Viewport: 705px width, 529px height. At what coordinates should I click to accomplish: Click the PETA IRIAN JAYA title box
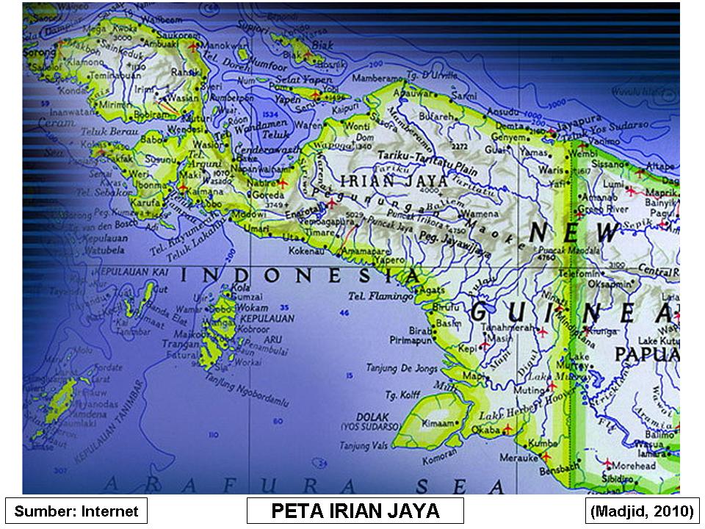pos(355,511)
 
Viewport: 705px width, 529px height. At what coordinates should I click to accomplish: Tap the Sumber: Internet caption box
pos(76,511)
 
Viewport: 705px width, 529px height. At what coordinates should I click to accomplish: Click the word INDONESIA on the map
pos(301,276)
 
